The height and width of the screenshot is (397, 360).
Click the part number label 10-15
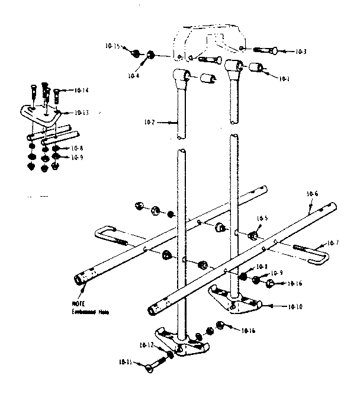coord(113,46)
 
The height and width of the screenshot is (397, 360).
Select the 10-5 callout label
coord(262,218)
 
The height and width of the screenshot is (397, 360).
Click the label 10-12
coord(147,345)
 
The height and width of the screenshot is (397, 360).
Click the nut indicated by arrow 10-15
coord(136,54)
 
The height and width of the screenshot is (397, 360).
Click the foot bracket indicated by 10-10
coord(234,300)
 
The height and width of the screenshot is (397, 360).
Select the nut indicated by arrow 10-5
coord(252,235)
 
